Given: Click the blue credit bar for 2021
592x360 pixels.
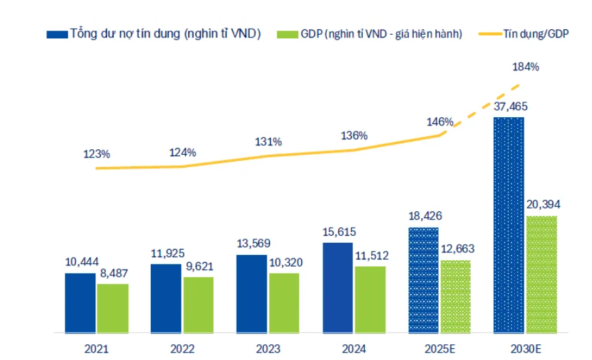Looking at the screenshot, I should pyautogui.click(x=80, y=303).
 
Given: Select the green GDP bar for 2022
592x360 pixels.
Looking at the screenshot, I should pyautogui.click(x=198, y=305).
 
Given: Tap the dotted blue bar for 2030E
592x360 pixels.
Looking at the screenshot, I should pyautogui.click(x=508, y=225).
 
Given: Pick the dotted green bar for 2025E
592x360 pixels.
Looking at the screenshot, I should pyautogui.click(x=455, y=297).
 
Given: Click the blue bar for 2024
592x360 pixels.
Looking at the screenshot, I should pyautogui.click(x=338, y=287).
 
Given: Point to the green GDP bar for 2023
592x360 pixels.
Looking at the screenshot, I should pyautogui.click(x=284, y=303).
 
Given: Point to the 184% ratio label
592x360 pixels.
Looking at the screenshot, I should pyautogui.click(x=525, y=67).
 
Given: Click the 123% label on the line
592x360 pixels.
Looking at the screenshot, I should pyautogui.click(x=97, y=153).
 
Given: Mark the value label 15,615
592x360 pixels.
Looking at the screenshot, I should pyautogui.click(x=338, y=232).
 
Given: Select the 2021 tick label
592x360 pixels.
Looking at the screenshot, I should pyautogui.click(x=96, y=348).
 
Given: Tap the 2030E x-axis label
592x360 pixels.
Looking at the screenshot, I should pyautogui.click(x=525, y=348).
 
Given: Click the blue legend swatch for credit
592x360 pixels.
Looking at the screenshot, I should pyautogui.click(x=56, y=33).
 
